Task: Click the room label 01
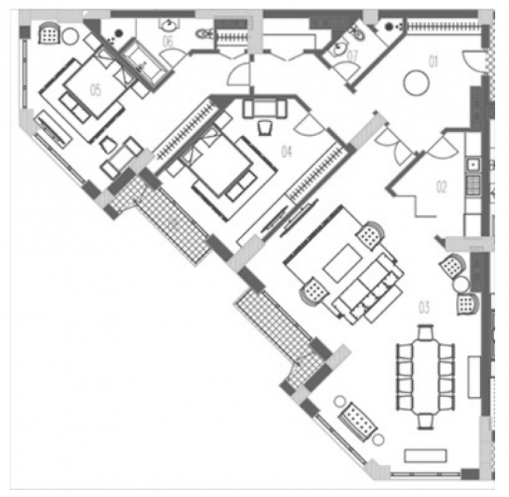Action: click(434, 61)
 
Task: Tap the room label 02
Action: click(441, 187)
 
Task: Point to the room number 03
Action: click(424, 308)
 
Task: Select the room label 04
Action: click(286, 151)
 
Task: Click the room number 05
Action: click(96, 90)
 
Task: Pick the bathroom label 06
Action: click(168, 41)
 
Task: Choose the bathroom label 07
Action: click(352, 56)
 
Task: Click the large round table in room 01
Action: click(417, 83)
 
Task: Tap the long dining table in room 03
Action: click(426, 377)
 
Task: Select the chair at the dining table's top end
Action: click(426, 332)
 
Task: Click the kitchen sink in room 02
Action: click(473, 165)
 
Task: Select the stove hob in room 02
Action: click(473, 185)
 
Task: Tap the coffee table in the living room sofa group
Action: click(343, 262)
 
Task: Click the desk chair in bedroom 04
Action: click(265, 128)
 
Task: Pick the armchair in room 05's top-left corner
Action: click(49, 33)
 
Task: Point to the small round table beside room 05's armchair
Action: click(70, 36)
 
